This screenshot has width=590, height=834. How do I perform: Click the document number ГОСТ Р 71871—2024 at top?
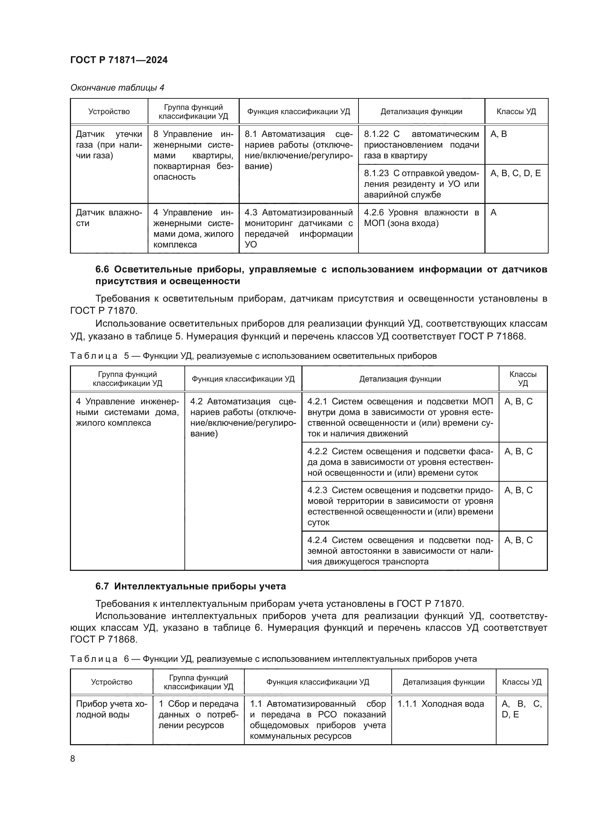coord(119,60)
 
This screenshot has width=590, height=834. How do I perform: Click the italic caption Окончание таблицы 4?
coord(117,88)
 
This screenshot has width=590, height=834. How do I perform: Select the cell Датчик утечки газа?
coord(109,145)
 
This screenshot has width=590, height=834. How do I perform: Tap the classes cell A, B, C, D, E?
coord(515,173)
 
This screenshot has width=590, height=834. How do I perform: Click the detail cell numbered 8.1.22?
coord(421,145)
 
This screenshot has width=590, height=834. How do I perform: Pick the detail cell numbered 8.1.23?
coord(421,184)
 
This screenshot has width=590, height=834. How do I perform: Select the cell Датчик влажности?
coord(109,218)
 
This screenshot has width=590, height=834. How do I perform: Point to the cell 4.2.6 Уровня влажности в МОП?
coord(421,218)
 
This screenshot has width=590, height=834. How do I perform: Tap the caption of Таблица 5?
coord(253,355)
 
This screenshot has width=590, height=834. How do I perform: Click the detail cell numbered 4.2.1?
coord(400,418)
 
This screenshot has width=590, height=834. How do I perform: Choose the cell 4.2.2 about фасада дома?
coord(400,462)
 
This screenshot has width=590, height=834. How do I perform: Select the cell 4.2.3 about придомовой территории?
coord(400,506)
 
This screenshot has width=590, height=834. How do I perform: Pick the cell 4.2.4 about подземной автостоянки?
coord(400,551)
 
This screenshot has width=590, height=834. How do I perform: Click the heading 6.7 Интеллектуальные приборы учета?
coord(190,586)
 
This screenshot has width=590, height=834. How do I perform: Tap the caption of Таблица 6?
coord(273,659)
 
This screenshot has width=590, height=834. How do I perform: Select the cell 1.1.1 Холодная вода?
coord(440,704)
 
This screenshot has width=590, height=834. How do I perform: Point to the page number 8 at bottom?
coord(73,759)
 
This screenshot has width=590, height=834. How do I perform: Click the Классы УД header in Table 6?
coord(522,682)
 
